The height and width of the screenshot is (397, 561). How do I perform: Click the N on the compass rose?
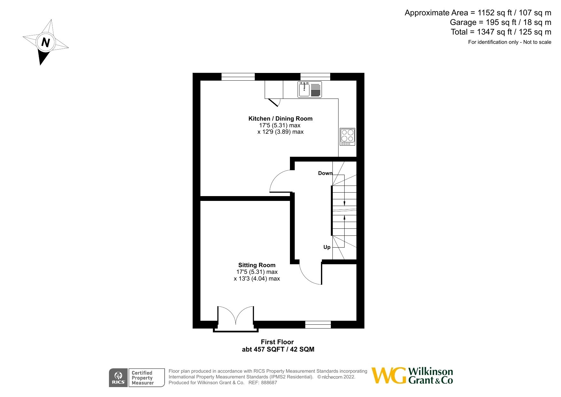pyautogui.click(x=46, y=42)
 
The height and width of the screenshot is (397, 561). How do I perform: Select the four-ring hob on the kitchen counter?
pyautogui.click(x=347, y=137)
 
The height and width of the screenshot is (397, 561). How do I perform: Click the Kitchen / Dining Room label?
pyautogui.click(x=280, y=119)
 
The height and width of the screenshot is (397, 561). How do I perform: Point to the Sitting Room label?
pyautogui.click(x=257, y=265)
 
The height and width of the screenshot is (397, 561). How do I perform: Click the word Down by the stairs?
pyautogui.click(x=325, y=173)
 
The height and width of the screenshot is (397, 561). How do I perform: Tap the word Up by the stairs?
pyautogui.click(x=327, y=247)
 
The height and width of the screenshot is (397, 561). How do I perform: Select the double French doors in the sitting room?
pyautogui.click(x=236, y=317)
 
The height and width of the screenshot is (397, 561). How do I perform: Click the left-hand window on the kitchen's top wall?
pyautogui.click(x=238, y=77)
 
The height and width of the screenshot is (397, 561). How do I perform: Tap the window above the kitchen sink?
pyautogui.click(x=315, y=77)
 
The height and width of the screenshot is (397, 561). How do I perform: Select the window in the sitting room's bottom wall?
pyautogui.click(x=318, y=325)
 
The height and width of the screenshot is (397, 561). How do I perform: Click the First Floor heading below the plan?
pyautogui.click(x=277, y=342)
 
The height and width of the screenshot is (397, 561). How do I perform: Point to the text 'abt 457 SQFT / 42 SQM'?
pyautogui.click(x=278, y=349)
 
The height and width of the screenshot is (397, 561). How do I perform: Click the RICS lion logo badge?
pyautogui.click(x=118, y=378)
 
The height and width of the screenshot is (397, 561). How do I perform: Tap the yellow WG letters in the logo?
pyautogui.click(x=389, y=376)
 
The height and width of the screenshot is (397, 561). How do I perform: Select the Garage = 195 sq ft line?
pyautogui.click(x=500, y=22)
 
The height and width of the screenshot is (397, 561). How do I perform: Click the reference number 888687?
pyautogui.click(x=269, y=383)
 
